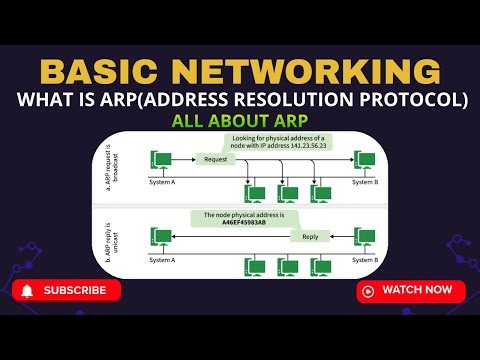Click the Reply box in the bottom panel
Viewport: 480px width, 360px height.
click(x=310, y=237)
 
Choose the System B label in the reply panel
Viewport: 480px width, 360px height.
click(x=365, y=259)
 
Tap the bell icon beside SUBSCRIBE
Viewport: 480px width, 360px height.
click(x=28, y=291)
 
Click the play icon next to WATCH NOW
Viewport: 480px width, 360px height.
click(x=368, y=291)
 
